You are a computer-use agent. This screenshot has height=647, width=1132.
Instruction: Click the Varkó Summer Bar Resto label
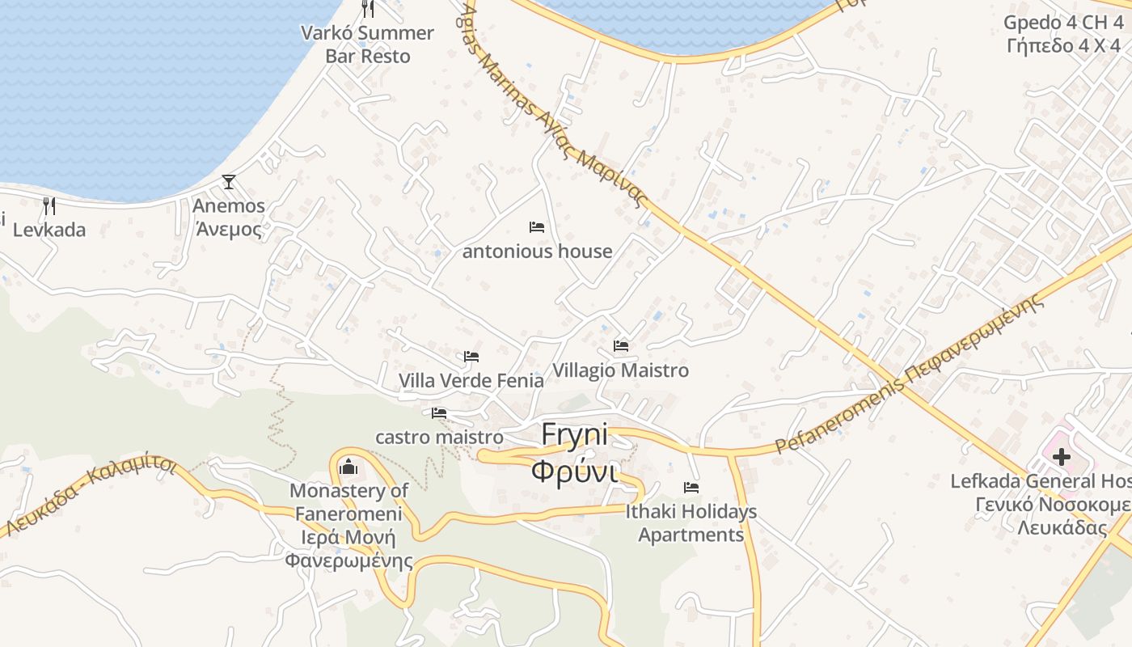367,44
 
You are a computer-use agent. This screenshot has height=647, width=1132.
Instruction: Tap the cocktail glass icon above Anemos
229,182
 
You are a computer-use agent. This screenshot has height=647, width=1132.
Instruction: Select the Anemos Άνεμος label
229,218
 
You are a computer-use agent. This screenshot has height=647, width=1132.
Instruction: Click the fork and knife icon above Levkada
49,205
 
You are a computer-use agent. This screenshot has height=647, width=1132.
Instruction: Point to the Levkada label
49,230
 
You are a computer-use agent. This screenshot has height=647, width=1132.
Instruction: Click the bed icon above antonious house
537,227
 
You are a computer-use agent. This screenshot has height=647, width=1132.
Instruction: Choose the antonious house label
537,252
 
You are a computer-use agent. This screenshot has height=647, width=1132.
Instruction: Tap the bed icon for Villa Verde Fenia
471,356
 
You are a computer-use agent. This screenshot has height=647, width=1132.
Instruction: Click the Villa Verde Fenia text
471,380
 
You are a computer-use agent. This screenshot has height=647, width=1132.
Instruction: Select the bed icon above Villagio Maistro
621,346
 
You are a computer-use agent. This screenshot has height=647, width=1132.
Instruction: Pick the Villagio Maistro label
621,370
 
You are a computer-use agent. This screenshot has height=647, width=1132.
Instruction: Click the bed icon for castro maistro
439,412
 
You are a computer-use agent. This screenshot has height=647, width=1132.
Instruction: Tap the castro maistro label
439,438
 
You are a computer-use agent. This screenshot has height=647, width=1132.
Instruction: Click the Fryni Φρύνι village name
575,452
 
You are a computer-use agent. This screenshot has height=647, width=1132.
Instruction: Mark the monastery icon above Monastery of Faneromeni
349,467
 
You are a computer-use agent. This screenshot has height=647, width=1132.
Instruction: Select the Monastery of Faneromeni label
349,526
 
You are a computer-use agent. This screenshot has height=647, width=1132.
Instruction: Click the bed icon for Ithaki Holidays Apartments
691,488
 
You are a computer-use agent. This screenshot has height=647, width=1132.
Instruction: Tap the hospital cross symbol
1061,457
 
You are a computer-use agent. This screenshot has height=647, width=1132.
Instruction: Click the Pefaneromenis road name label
910,377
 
